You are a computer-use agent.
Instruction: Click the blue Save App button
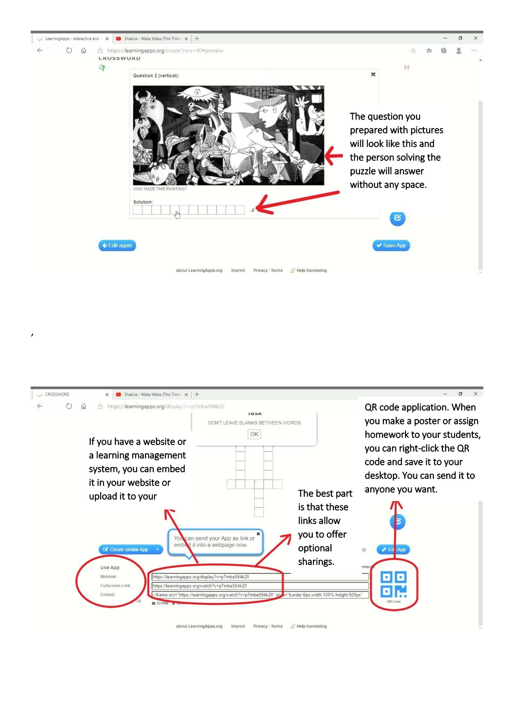click(391, 245)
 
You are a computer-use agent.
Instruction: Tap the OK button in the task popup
click(254, 434)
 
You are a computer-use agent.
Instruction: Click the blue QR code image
click(394, 584)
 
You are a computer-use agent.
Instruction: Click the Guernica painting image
click(229, 135)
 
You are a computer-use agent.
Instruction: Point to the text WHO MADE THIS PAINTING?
click(160, 189)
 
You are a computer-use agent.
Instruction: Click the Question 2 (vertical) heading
click(156, 76)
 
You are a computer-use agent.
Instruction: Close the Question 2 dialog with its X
click(373, 74)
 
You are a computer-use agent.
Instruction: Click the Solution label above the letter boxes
click(143, 202)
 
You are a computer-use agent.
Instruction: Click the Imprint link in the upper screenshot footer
click(238, 271)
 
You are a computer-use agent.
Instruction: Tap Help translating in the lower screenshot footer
click(311, 626)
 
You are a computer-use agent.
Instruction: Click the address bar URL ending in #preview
click(165, 50)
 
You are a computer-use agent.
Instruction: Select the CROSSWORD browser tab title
click(57, 395)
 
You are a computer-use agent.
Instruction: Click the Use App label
click(110, 567)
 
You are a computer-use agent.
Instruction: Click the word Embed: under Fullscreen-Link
click(108, 595)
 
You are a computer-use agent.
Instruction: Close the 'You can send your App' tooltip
click(258, 534)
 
